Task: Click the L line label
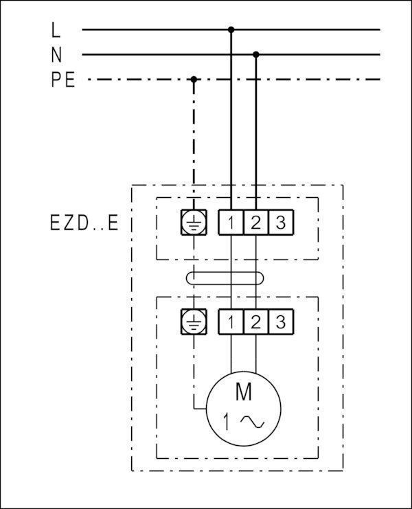tap(56, 30)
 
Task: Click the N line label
tap(56, 55)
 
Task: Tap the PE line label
tap(63, 80)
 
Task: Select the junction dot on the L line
tap(231, 30)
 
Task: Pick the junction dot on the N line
tap(256, 54)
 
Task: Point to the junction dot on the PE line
tap(194, 80)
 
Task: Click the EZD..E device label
tap(84, 223)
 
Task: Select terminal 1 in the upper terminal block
tap(231, 223)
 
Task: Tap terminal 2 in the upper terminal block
tap(256, 223)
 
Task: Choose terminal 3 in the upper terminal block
tap(281, 223)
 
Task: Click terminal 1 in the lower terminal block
tap(231, 321)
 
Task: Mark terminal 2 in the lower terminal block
tap(256, 321)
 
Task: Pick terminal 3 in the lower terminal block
tap(281, 321)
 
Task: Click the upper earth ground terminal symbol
tap(194, 223)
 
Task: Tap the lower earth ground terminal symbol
tap(194, 321)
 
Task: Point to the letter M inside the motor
tap(244, 392)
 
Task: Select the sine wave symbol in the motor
tap(253, 422)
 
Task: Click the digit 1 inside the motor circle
tap(227, 422)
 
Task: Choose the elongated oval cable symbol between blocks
tap(225, 278)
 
